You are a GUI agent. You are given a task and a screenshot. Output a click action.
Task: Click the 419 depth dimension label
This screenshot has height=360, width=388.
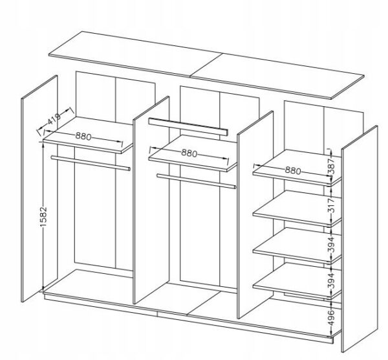point(54,119)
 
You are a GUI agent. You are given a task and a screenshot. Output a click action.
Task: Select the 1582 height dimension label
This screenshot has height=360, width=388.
point(43,216)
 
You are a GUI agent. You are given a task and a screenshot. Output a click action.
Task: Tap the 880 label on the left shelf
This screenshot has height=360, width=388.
point(83,136)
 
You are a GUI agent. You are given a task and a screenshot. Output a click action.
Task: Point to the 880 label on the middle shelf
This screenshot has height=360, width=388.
point(189,153)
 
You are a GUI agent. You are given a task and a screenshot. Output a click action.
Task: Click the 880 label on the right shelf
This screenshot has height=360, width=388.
point(293,170)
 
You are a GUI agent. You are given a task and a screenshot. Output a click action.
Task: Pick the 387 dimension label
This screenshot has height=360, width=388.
point(331,166)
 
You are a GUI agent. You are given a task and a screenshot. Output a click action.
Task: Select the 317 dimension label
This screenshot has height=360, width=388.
point(331,205)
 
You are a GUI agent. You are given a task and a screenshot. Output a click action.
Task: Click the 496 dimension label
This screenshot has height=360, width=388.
point(331,317)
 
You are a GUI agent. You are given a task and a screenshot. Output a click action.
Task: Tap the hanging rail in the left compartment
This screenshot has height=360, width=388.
point(91,163)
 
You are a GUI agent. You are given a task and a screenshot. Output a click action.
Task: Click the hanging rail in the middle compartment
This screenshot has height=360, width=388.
point(196,181)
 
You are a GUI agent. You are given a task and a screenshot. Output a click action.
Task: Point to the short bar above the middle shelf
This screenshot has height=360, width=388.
point(188,127)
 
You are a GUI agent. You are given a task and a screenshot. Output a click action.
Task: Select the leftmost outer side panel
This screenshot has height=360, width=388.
point(39,188)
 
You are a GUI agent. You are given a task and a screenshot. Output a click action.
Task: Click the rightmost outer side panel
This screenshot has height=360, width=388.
point(360,238)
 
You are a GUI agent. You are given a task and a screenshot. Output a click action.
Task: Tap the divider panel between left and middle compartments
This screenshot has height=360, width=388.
point(151,200)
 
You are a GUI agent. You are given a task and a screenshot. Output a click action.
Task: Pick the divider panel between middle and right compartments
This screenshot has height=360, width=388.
point(255,214)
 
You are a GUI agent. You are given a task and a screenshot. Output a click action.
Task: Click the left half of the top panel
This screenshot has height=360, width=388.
point(135,54)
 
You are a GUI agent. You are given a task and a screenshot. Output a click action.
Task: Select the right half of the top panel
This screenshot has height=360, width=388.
point(277,76)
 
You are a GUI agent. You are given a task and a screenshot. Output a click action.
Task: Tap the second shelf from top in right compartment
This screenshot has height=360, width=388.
point(297,208)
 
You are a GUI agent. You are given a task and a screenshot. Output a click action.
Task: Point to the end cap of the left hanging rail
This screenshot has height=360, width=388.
point(129,169)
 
